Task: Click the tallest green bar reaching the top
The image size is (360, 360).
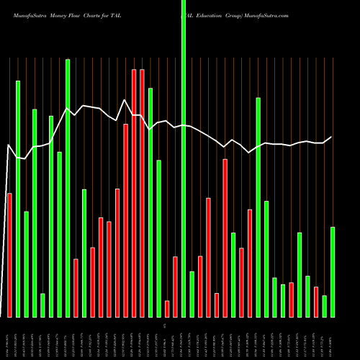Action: coord(184,158)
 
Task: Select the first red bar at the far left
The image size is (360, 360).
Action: coord(9,255)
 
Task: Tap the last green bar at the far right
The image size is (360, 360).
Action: coord(333,271)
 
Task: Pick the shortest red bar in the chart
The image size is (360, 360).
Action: coord(167,308)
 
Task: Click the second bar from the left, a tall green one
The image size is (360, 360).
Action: coord(18,199)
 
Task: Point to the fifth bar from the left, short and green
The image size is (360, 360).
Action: coord(42,305)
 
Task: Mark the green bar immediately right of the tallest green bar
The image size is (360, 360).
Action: coord(192,294)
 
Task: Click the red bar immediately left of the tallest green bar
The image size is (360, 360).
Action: coord(175,287)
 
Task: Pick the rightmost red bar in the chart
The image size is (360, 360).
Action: coord(316,302)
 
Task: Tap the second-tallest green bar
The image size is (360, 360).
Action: coord(68,188)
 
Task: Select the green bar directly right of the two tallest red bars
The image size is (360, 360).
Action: coord(150,202)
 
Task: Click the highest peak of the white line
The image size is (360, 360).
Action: coord(125,100)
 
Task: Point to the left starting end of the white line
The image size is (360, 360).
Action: coord(7,147)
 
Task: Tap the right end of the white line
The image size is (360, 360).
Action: coord(332,137)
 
